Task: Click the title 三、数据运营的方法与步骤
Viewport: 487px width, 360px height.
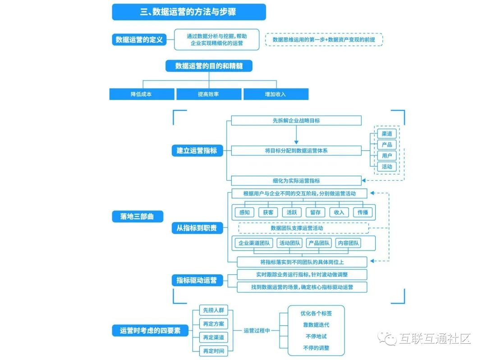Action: [x=188, y=12]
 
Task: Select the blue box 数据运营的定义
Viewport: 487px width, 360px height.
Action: [x=138, y=40]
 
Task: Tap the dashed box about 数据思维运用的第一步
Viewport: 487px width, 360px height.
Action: [x=324, y=40]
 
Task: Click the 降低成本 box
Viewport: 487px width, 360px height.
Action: [x=142, y=94]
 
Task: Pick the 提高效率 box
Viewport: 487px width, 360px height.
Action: [x=208, y=94]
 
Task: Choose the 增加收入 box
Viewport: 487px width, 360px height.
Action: [x=276, y=94]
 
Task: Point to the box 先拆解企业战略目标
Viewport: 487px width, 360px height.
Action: [x=296, y=120]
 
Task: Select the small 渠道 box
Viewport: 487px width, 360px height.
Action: [x=386, y=134]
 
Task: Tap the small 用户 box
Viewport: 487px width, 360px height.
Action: [x=386, y=156]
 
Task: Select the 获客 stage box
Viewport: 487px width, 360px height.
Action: [x=268, y=212]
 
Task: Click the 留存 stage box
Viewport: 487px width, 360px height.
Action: [x=315, y=212]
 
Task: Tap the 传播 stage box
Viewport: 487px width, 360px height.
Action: [x=363, y=212]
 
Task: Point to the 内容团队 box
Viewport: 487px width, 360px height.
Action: [x=349, y=243]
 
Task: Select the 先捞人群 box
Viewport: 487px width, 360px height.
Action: [x=212, y=310]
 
